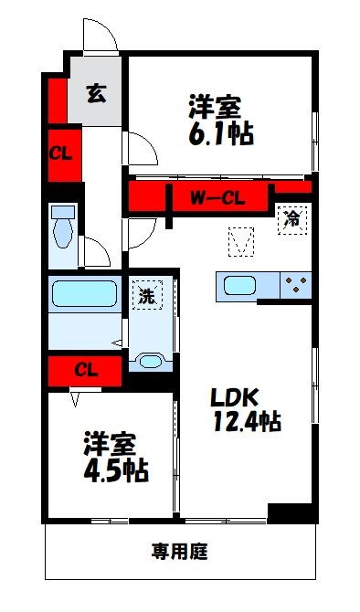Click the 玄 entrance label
pyautogui.click(x=96, y=93)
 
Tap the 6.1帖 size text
pyautogui.click(x=221, y=134)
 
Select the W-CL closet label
pyautogui.click(x=217, y=198)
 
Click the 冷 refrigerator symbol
pyautogui.click(x=292, y=220)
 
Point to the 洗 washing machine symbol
pyautogui.click(x=147, y=295)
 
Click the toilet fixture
pyautogui.click(x=63, y=227)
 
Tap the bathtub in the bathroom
pyautogui.click(x=84, y=293)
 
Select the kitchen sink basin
pyautogui.click(x=239, y=286)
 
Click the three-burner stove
pyautogui.click(x=296, y=285)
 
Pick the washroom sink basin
pyautogui.click(x=151, y=362)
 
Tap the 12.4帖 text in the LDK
pyautogui.click(x=248, y=421)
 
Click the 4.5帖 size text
pyautogui.click(x=116, y=471)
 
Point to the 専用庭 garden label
pyautogui.click(x=180, y=551)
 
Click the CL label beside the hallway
pyautogui.click(x=60, y=154)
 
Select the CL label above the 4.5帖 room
pyautogui.click(x=86, y=370)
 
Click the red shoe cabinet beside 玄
pyautogui.click(x=58, y=100)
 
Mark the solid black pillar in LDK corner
pyautogui.click(x=291, y=512)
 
